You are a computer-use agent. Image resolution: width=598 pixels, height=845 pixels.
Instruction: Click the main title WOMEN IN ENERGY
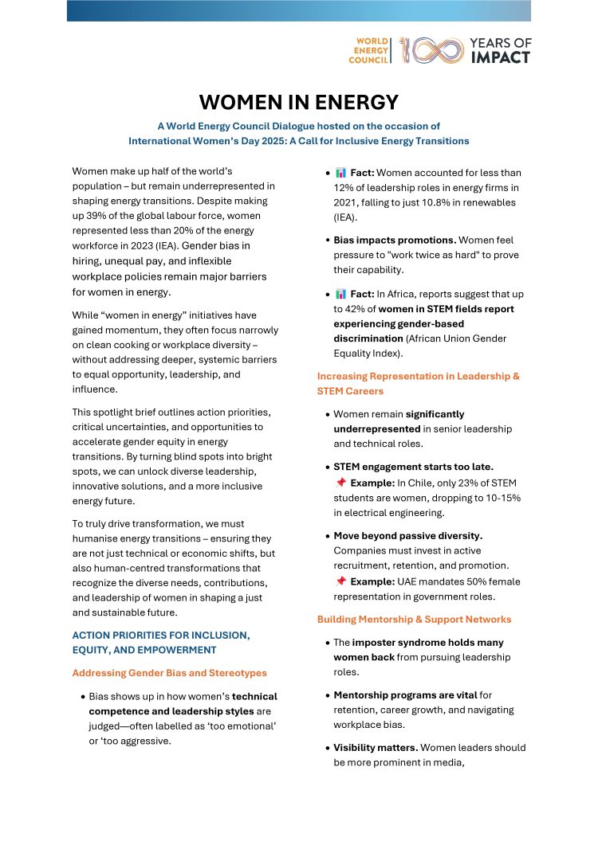(x=298, y=102)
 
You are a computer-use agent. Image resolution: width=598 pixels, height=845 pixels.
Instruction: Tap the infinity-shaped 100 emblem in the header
(x=431, y=49)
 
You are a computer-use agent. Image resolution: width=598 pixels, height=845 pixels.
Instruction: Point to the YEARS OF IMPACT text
(x=500, y=49)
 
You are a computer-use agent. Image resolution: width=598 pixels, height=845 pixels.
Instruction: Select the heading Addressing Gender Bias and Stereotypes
(x=170, y=673)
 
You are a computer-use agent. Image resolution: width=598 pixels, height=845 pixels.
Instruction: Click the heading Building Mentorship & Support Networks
(x=414, y=619)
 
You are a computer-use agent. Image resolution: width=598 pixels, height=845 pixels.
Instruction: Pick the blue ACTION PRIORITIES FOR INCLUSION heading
(x=160, y=635)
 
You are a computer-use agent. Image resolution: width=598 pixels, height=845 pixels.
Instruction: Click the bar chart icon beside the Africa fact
(x=340, y=294)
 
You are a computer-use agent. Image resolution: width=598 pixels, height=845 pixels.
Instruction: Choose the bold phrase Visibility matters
(x=375, y=747)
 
